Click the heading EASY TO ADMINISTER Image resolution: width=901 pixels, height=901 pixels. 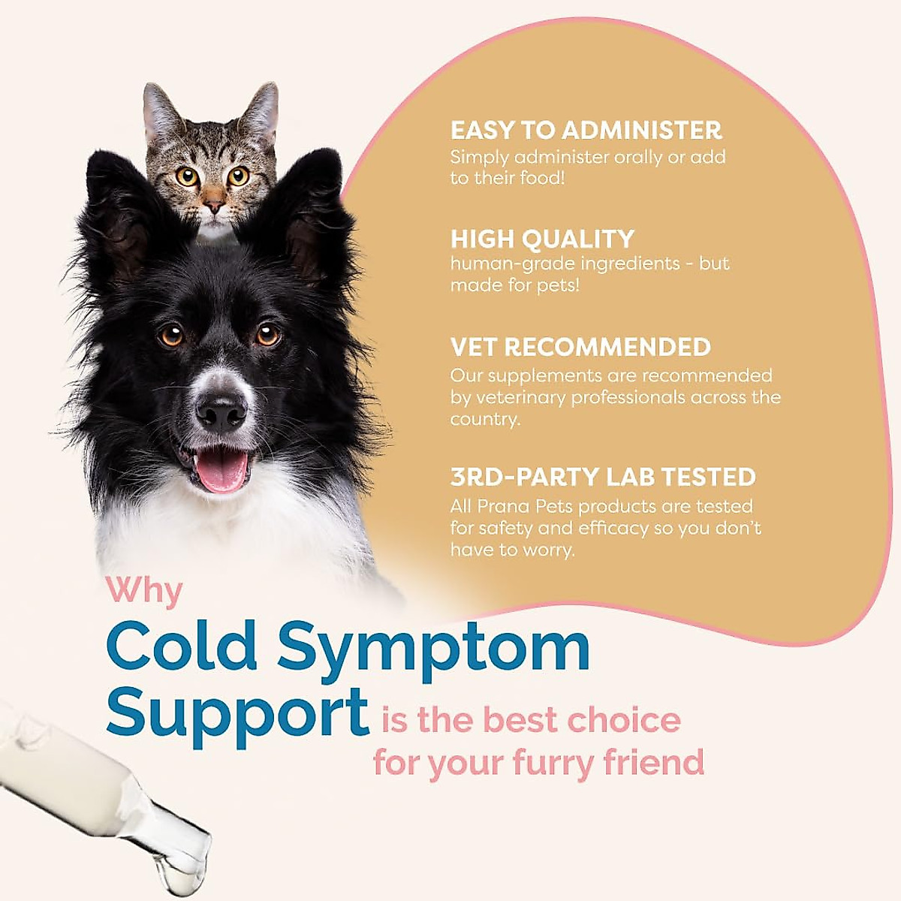(x=586, y=130)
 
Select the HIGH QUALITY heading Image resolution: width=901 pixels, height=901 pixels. (x=542, y=239)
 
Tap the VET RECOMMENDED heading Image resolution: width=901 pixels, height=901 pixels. (x=580, y=347)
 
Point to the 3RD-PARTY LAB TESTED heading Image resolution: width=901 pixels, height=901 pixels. (x=603, y=477)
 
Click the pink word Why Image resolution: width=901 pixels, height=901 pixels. (x=145, y=591)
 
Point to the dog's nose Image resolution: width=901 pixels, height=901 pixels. (x=221, y=412)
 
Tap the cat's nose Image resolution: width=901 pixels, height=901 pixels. (x=215, y=204)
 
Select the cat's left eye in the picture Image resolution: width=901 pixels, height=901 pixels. (x=187, y=176)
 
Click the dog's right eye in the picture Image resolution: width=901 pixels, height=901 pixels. (x=268, y=334)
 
